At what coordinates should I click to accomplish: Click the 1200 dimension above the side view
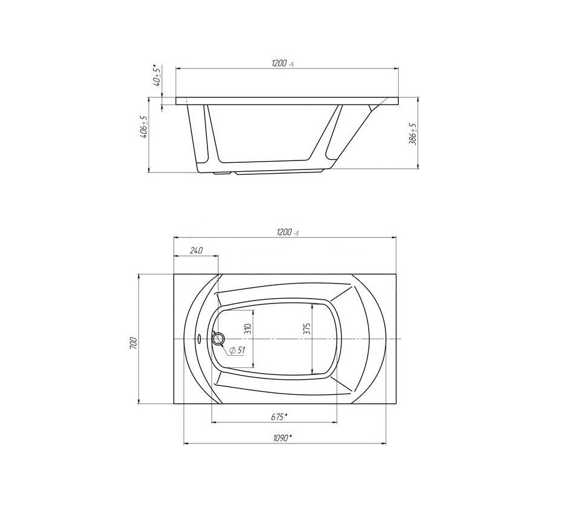[x=283, y=63]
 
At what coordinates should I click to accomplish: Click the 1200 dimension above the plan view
[x=287, y=233]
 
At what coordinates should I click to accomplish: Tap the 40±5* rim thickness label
[x=158, y=76]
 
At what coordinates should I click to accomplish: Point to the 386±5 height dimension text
[x=414, y=134]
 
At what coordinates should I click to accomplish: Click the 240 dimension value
[x=196, y=251]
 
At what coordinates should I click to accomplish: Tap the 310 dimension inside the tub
[x=248, y=329]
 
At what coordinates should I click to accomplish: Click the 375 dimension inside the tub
[x=307, y=329]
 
